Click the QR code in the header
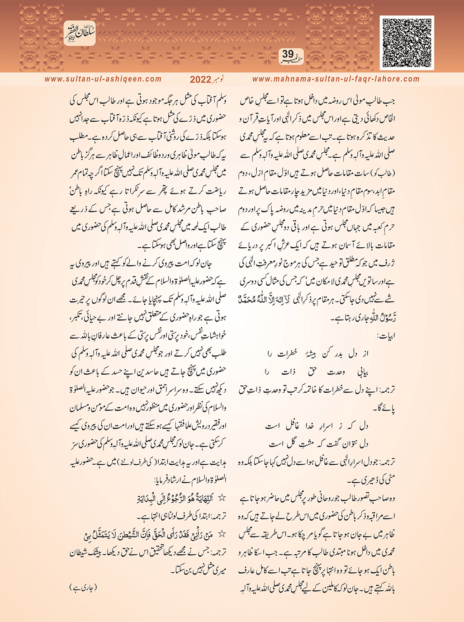[x=407, y=42]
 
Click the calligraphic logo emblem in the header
[x=79, y=33]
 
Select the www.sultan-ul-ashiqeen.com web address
[x=103, y=79]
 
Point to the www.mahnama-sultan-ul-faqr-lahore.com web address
[x=336, y=79]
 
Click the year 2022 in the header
[x=200, y=80]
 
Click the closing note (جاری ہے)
[x=84, y=588]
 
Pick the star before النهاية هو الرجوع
[x=222, y=498]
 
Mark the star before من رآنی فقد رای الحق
[x=222, y=534]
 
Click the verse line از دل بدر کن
[x=315, y=354]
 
